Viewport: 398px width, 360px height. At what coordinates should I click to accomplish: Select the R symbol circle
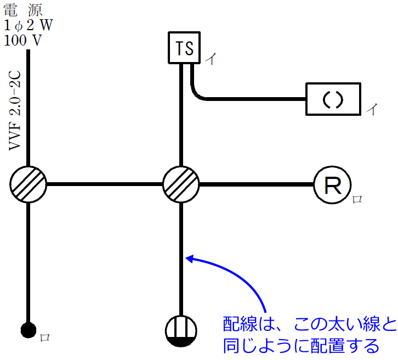click(332, 185)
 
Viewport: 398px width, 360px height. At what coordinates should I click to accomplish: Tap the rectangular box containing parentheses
click(333, 99)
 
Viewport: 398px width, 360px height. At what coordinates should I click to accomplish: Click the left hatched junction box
click(28, 184)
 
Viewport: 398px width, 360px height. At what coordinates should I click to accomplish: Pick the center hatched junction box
click(181, 184)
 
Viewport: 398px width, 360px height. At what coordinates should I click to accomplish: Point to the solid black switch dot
click(28, 330)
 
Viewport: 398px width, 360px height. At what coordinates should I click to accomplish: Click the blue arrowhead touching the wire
click(190, 257)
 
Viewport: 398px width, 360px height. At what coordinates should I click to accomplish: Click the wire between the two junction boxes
click(105, 184)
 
